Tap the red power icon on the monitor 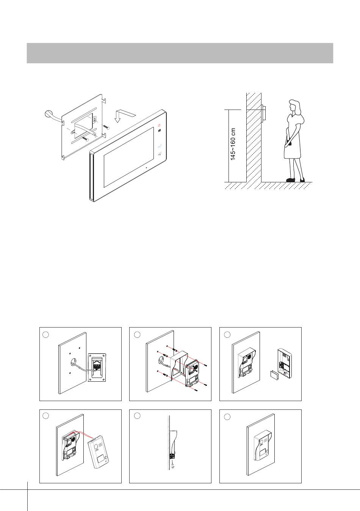pyautogui.click(x=160, y=125)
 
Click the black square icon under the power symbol pyautogui.click(x=160, y=130)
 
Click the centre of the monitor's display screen pyautogui.click(x=129, y=157)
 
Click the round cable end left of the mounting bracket pyautogui.click(x=49, y=113)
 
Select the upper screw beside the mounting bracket pyautogui.click(x=106, y=127)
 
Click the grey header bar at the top pyautogui.click(x=180, y=53)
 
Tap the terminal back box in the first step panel pyautogui.click(x=97, y=367)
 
